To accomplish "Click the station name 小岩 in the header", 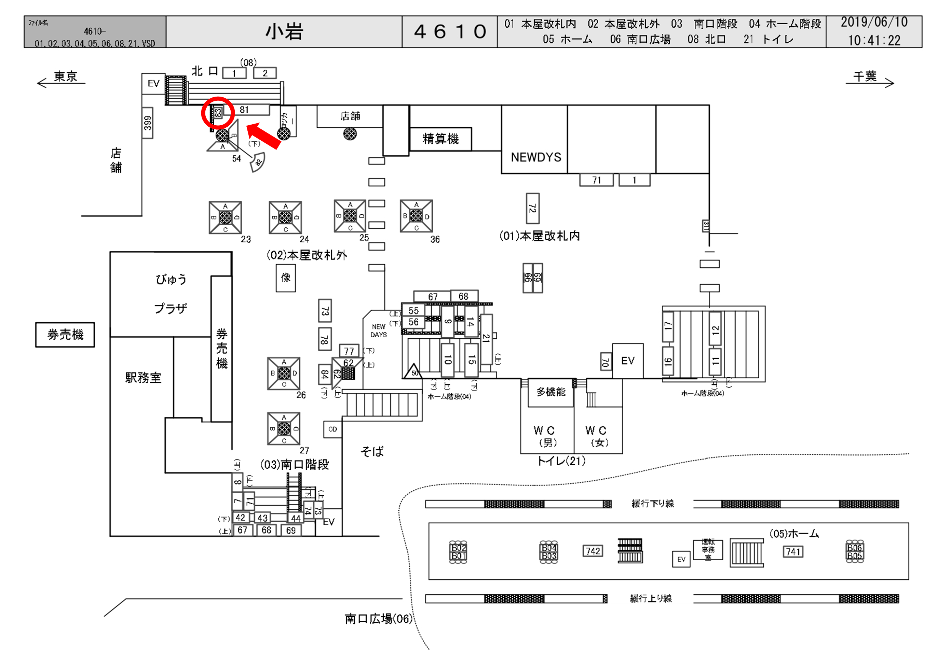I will pyautogui.click(x=284, y=32).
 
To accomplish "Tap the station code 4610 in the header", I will pyautogui.click(x=450, y=32).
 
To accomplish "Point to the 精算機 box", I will pyautogui.click(x=440, y=139).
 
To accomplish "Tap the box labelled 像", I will pyautogui.click(x=286, y=278).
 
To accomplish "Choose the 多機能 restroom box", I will pyautogui.click(x=551, y=392).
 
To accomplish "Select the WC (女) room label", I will pyautogui.click(x=597, y=436).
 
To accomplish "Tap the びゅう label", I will pyautogui.click(x=171, y=280).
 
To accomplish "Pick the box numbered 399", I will pyautogui.click(x=148, y=123).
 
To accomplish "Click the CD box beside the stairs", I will pyautogui.click(x=332, y=429).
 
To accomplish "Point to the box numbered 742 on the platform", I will pyautogui.click(x=593, y=551).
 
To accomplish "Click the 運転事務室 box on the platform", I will pyautogui.click(x=708, y=550).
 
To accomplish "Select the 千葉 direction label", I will pyautogui.click(x=865, y=77).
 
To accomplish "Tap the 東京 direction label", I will pyautogui.click(x=65, y=77).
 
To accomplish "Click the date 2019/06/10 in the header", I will pyautogui.click(x=874, y=23).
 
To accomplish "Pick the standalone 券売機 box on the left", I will pyautogui.click(x=65, y=335).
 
